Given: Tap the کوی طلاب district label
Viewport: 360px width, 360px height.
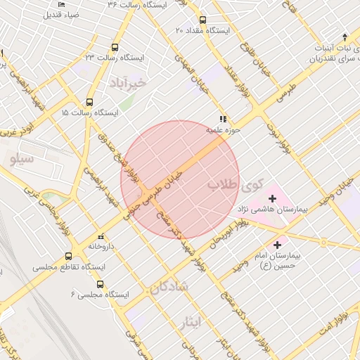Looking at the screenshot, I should pos(234,186).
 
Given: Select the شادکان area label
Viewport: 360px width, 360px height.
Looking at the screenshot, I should pos(169,287).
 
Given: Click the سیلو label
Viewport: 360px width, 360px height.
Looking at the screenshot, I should pos(22,159).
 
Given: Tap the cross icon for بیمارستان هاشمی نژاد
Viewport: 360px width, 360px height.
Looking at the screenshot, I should pos(272,199).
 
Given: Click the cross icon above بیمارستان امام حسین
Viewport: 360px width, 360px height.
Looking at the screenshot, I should pos(278,245).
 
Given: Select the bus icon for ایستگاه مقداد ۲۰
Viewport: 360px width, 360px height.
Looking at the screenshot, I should pos(203,20).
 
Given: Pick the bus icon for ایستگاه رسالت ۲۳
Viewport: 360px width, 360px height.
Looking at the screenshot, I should pos(115,47).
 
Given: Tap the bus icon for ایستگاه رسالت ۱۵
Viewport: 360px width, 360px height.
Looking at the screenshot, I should pos(89,102).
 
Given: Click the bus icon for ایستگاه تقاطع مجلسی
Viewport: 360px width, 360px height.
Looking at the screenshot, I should pos(68,257).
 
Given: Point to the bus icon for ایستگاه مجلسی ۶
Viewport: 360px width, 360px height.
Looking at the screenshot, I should pos(100,284).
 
